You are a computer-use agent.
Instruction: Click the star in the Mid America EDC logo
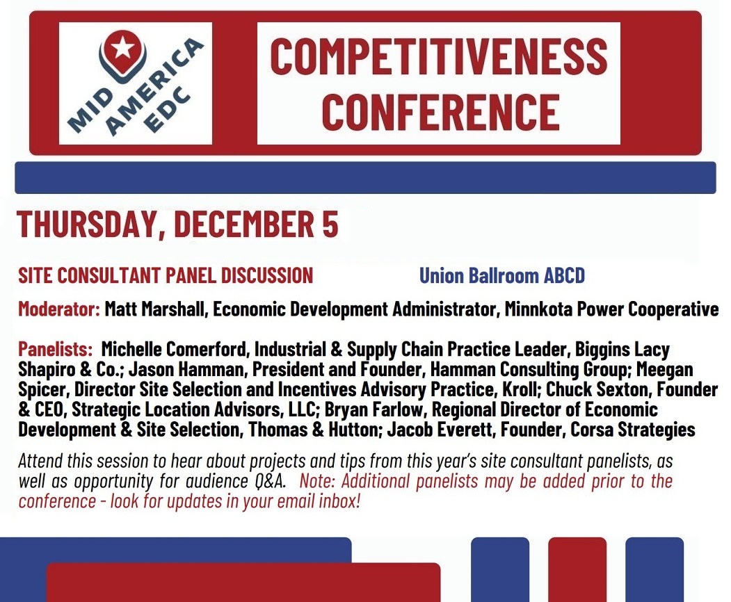pyautogui.click(x=122, y=48)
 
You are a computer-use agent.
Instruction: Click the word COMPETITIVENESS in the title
pyautogui.click(x=438, y=57)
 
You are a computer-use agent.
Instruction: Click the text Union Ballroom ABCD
pyautogui.click(x=501, y=276)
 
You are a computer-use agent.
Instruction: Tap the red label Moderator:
pyautogui.click(x=59, y=309)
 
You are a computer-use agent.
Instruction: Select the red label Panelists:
pyautogui.click(x=56, y=349)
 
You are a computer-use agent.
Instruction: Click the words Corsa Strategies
pyautogui.click(x=632, y=430)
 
